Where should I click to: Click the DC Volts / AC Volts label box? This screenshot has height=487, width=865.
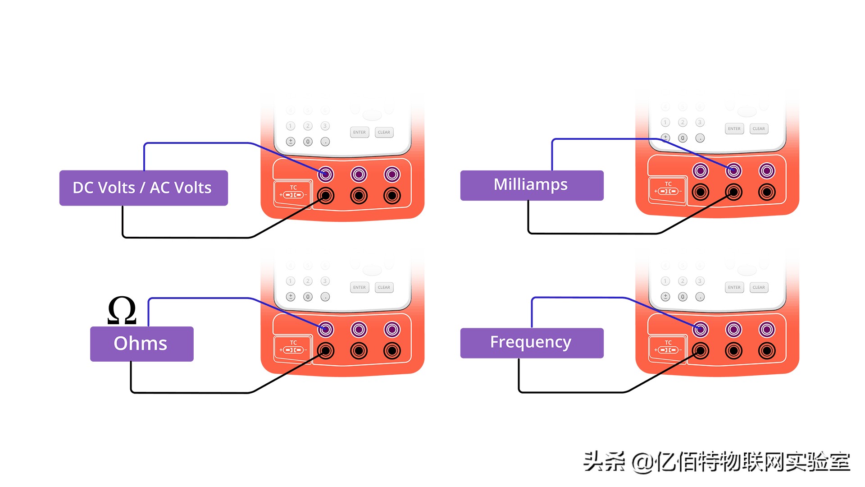143,188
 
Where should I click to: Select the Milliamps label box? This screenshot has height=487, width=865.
532,185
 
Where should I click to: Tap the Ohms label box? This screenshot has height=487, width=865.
141,344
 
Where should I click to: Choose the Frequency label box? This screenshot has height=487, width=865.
532,343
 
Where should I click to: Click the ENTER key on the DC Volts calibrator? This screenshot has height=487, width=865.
360,132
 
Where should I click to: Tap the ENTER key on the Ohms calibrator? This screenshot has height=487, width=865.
360,287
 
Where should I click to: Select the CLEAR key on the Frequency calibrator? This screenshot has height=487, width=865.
759,287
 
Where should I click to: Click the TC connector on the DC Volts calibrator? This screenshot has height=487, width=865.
293,193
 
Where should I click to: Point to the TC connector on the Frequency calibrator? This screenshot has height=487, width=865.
668,348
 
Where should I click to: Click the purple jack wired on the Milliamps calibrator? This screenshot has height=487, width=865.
733,171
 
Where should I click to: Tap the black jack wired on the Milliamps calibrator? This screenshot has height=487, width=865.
733,192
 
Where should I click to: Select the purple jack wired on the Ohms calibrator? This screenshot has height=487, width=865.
326,330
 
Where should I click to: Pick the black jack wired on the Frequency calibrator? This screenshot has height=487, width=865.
700,350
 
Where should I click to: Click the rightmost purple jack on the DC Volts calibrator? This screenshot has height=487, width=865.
392,175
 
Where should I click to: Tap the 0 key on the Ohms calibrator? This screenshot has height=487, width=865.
308,297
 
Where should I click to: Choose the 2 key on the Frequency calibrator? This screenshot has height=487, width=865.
683,281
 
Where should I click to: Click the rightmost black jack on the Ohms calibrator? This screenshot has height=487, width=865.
392,350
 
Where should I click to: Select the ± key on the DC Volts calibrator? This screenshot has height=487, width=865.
291,142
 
